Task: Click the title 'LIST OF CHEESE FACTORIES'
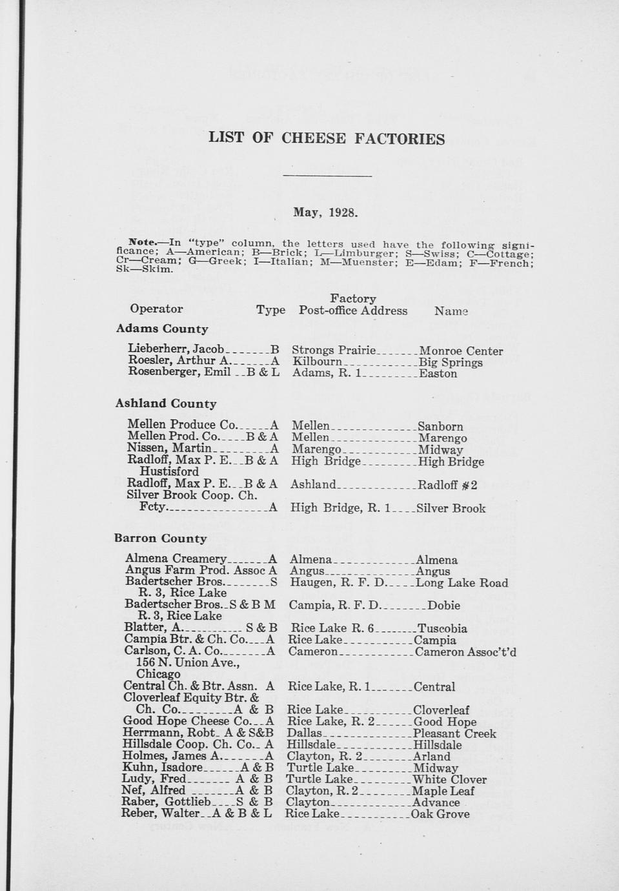[327, 139]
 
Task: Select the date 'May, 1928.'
[325, 212]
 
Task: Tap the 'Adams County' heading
[161, 329]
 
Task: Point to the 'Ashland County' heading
[165, 404]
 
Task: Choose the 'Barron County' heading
[160, 538]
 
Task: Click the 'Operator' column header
[156, 309]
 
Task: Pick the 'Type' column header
[270, 311]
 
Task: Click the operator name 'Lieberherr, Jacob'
[176, 350]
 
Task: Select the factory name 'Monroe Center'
[461, 351]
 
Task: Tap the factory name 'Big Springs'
[451, 362]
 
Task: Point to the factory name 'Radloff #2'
[447, 485]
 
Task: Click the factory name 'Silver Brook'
[451, 509]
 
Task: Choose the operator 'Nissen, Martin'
[169, 448]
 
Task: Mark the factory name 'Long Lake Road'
[462, 583]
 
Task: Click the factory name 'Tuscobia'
[442, 629]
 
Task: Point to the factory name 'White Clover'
[449, 780]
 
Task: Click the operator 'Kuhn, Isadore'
[163, 768]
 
